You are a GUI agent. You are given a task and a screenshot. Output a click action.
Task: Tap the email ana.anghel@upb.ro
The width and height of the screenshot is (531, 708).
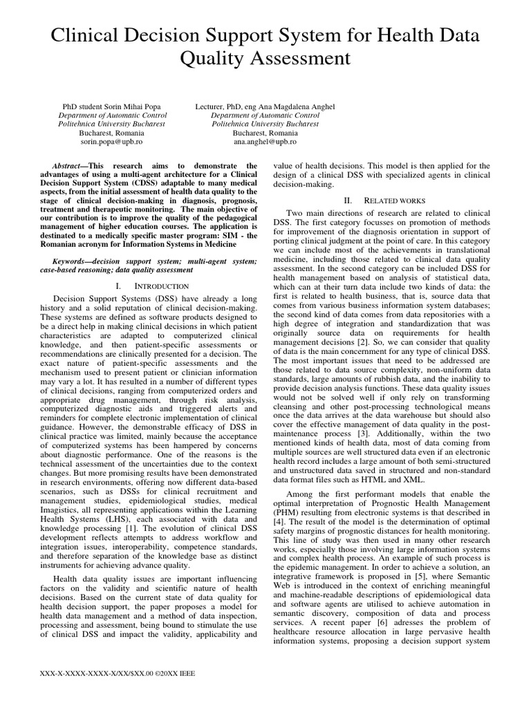[265, 141]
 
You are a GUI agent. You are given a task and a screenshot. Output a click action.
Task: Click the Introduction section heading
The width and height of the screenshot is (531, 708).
[154, 286]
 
